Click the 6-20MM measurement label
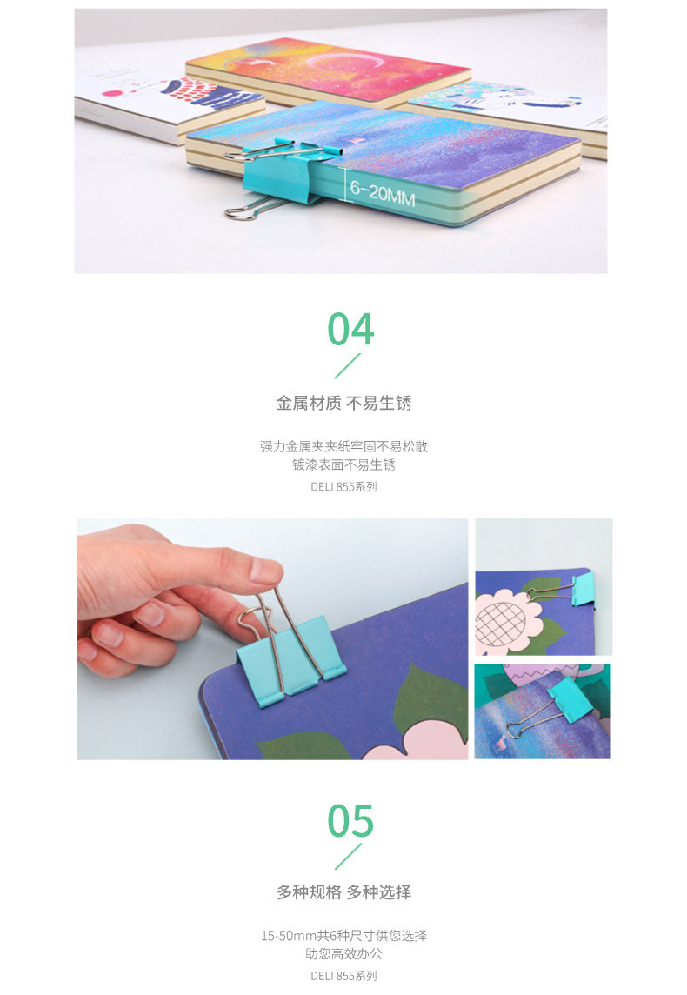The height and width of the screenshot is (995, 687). point(383,192)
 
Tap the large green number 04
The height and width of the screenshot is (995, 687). point(350,330)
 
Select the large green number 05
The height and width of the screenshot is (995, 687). point(350,820)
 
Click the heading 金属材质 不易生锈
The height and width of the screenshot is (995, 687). point(343,403)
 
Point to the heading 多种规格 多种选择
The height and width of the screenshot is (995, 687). point(343,892)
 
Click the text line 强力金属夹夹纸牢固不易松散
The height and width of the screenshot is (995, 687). point(343,446)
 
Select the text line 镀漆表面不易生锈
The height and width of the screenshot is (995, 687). point(343,464)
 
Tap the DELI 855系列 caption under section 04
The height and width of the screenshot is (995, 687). point(343,487)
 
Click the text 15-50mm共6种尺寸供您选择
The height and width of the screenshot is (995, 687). point(343,935)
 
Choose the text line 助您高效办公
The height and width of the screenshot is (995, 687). point(343,954)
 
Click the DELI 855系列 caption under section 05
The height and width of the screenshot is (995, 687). point(343,976)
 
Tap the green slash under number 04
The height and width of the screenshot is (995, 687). point(348,365)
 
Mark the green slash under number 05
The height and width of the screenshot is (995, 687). point(348,857)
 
